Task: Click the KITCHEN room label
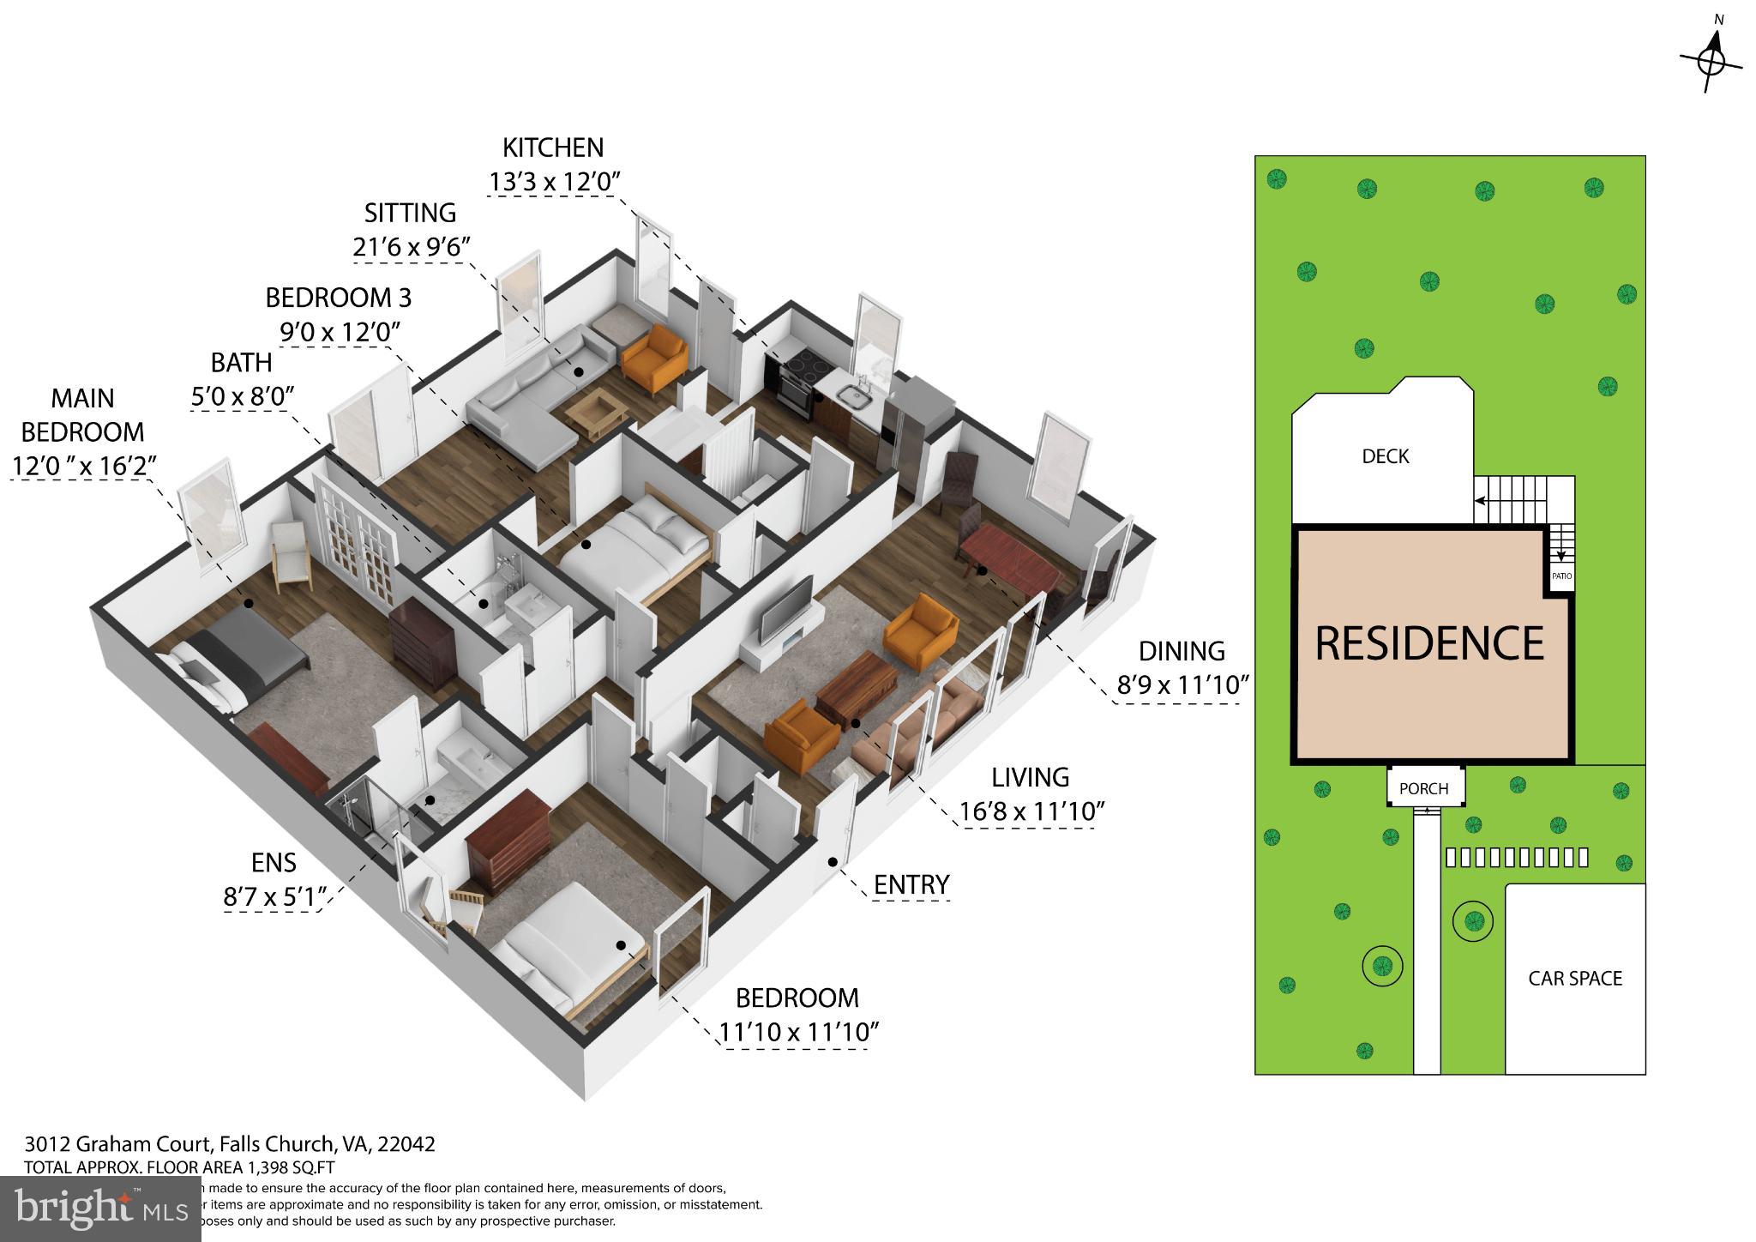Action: [552, 148]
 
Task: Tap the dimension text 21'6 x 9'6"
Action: [412, 247]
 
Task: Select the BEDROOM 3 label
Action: [338, 298]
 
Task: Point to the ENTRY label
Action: [911, 884]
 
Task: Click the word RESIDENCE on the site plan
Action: [1429, 643]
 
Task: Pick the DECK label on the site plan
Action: [1385, 456]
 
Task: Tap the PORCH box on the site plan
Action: [1423, 788]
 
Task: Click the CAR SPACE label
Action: [1575, 979]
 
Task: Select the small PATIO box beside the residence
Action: [1561, 576]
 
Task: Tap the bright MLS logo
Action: [100, 1208]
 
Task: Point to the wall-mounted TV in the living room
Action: [787, 608]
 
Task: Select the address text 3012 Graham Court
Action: [117, 1144]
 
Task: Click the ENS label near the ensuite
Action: [274, 863]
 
